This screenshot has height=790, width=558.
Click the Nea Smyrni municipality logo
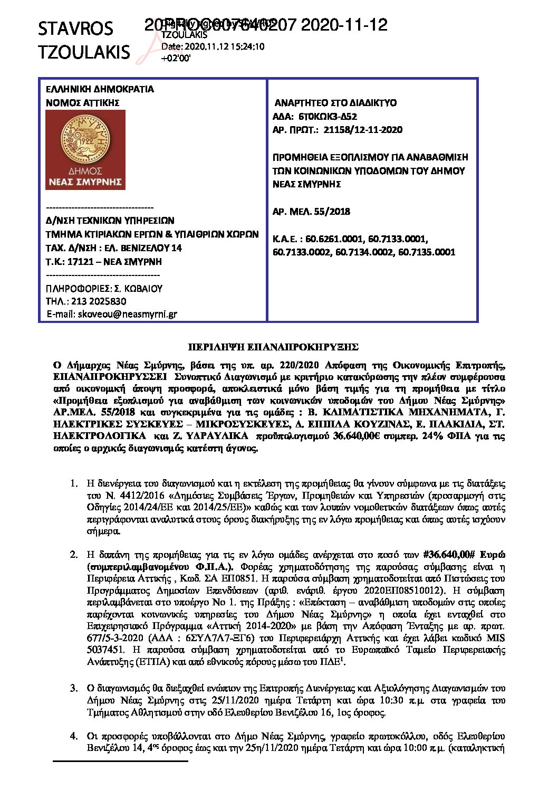coord(85,150)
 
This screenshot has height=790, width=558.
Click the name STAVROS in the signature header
coord(75,28)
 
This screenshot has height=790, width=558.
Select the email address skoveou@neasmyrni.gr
coord(127,315)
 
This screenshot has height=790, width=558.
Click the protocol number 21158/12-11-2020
coord(363,130)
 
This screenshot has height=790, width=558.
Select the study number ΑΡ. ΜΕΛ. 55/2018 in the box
coord(311,212)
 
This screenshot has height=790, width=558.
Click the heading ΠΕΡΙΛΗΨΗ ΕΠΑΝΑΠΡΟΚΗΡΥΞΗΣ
coord(273,347)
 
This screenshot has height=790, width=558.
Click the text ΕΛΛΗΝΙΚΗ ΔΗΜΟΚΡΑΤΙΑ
coord(100,89)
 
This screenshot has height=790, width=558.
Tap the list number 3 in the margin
coord(74,688)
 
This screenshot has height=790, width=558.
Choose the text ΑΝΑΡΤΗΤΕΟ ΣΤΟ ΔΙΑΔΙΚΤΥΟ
coord(335,103)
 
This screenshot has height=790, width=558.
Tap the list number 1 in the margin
coord(74,483)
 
